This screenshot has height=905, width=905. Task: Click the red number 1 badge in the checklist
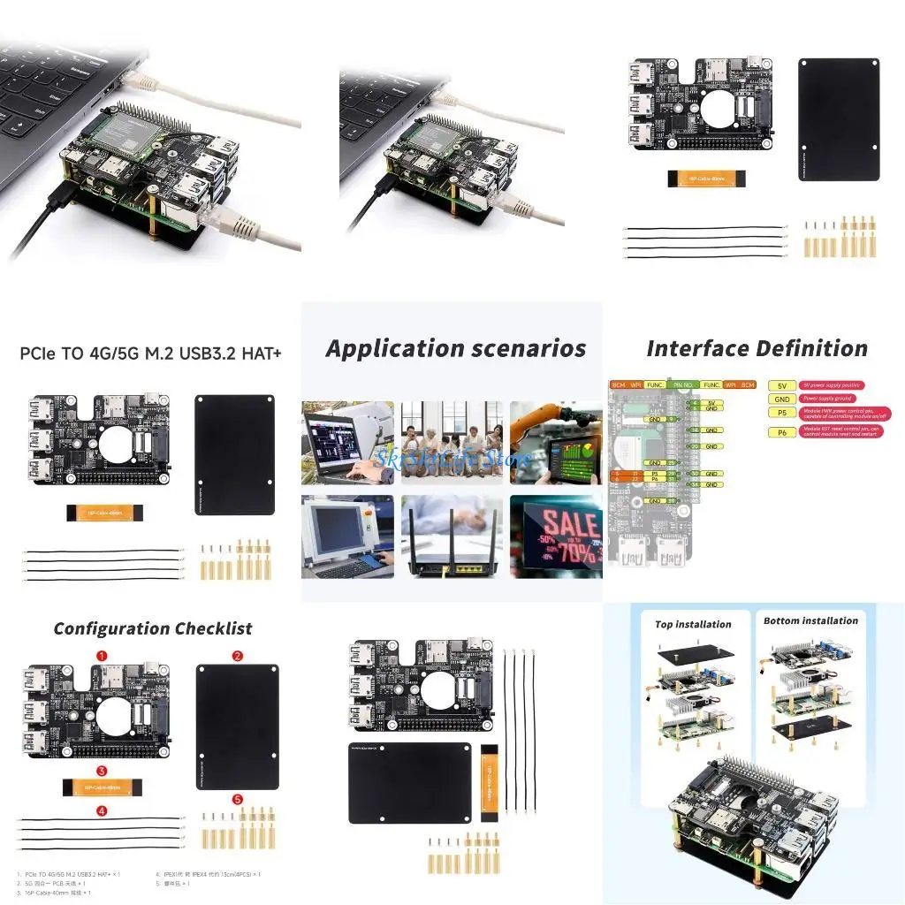(102, 656)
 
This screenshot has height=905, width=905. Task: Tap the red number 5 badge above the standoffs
(237, 800)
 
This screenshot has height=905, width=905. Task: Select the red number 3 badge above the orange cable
(102, 771)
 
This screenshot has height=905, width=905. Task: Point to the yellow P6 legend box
(781, 432)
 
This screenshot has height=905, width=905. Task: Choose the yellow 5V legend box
(781, 386)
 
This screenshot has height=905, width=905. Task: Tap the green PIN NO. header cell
(683, 385)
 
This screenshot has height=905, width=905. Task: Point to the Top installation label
(693, 624)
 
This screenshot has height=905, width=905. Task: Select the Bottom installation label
(810, 621)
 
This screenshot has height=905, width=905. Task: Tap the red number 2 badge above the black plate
(237, 656)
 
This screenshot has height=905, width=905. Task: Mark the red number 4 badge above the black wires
(102, 810)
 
